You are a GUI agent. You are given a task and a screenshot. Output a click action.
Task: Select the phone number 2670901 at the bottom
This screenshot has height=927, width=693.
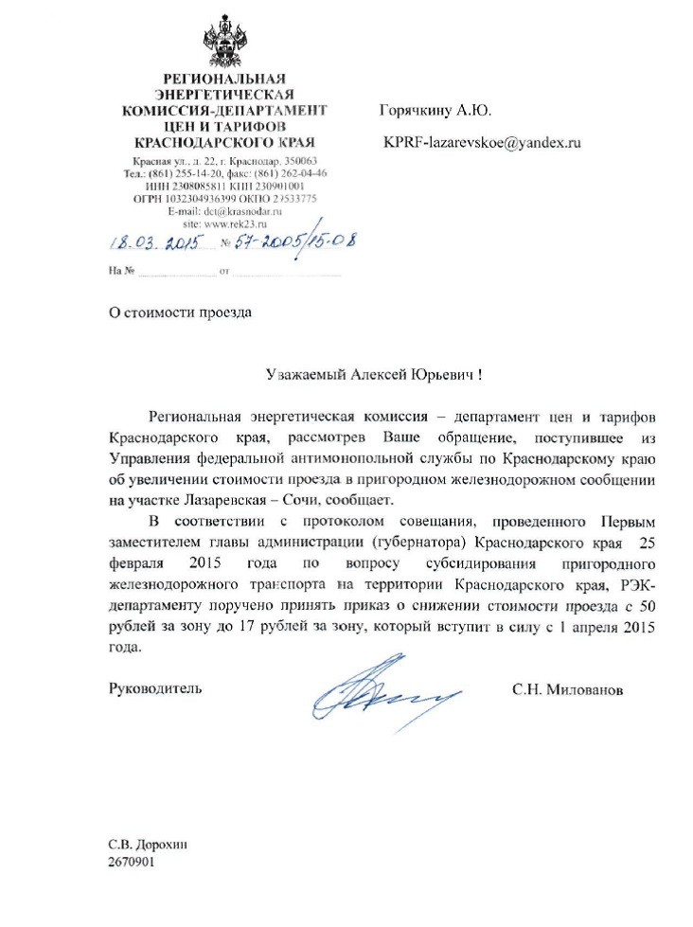coord(132,863)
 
